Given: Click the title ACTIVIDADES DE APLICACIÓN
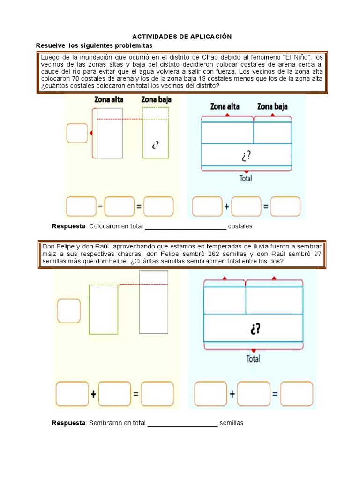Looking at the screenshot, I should click(182, 37).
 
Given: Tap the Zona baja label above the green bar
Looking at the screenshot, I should click(156, 100).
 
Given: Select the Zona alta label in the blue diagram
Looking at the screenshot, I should click(225, 106).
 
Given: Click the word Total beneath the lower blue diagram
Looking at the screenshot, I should click(253, 359).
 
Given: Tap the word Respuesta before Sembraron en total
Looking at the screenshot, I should click(68, 423).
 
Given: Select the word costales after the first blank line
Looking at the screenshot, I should click(240, 226).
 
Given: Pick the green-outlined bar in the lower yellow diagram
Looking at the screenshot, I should click(104, 309).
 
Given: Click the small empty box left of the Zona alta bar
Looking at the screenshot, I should click(77, 133).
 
